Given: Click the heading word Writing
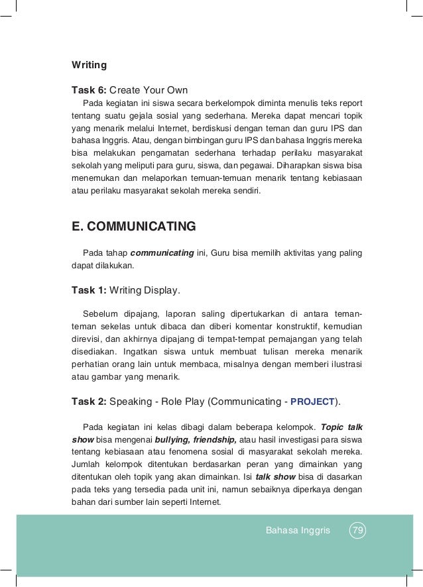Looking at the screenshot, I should point(89,66).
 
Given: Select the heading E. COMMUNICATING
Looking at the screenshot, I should point(133,227).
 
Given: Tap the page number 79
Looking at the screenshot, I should point(358,530).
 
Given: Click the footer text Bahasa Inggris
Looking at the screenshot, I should point(297,530).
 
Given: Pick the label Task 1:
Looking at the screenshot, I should point(88,290).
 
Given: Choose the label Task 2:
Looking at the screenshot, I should point(88,401).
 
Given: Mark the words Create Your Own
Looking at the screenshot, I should point(149,90).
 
